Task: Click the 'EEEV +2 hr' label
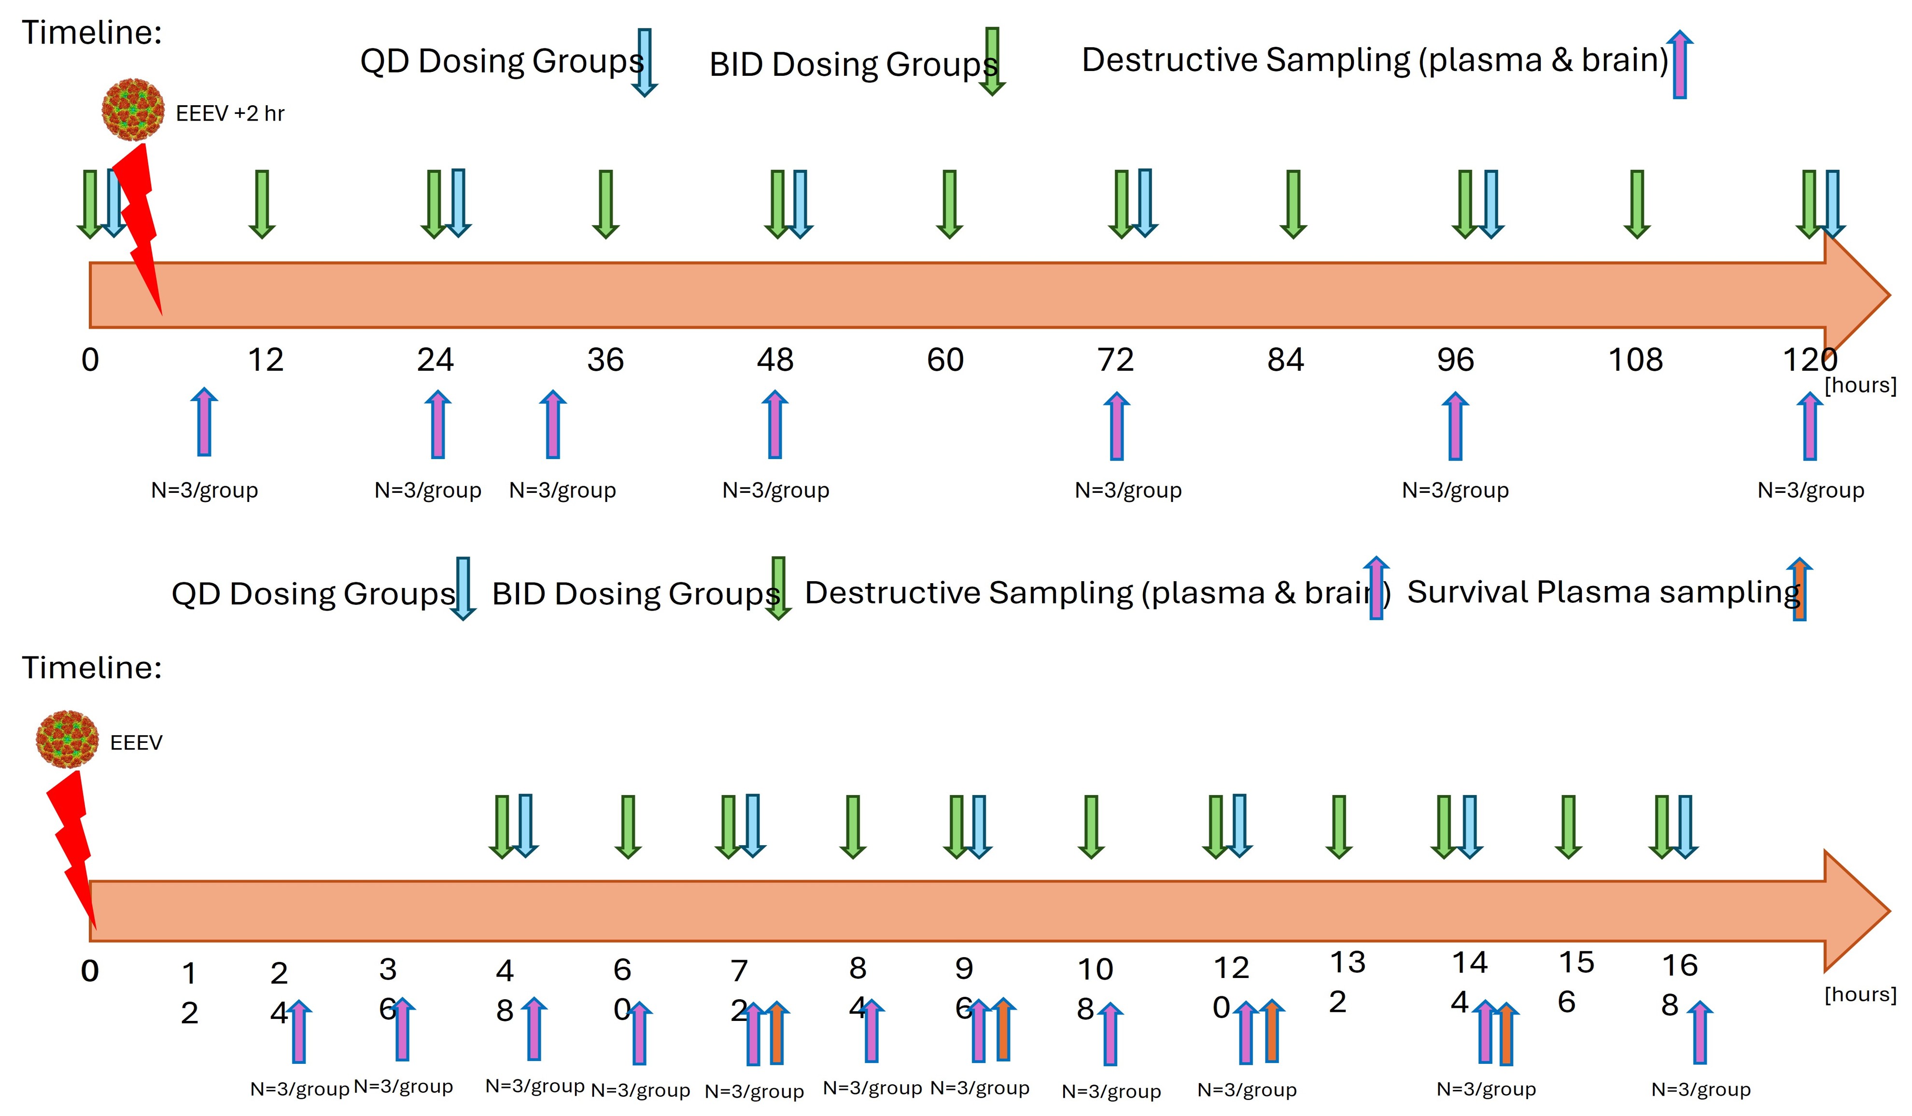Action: coord(230,114)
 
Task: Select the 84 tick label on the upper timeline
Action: coord(1285,360)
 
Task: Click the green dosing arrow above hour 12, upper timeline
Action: coord(262,203)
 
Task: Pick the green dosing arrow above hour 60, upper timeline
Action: coord(949,203)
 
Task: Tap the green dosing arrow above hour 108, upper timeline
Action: coord(1637,203)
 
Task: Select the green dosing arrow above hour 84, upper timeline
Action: coord(1293,203)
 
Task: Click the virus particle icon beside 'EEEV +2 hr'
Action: coord(133,110)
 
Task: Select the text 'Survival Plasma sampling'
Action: coord(1603,593)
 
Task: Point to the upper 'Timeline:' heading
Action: coord(92,33)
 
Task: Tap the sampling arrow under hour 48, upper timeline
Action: coord(774,424)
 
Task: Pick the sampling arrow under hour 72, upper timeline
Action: coord(1116,426)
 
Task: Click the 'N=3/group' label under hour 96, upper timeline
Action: coord(1454,490)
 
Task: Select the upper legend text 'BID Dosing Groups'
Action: coord(852,65)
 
